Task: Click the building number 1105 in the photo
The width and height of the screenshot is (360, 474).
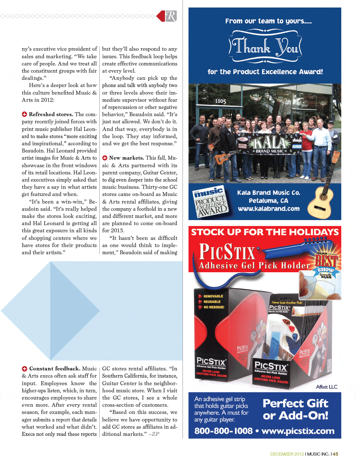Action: tap(220, 101)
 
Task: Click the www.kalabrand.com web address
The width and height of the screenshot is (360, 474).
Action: tap(269, 209)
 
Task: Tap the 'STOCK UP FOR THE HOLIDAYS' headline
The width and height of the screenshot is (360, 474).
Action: tap(265, 232)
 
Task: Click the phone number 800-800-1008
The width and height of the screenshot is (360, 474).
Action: tap(223, 431)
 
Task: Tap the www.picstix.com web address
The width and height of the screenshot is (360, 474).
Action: tap(298, 431)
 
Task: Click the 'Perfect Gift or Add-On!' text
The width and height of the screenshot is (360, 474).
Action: tap(295, 409)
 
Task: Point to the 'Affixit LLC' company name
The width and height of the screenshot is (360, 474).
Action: tap(327, 387)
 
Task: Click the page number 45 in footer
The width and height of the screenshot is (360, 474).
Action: tap(336, 454)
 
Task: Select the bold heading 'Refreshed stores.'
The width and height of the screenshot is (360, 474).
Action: tap(51, 114)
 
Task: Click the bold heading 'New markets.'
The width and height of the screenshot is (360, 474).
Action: tap(126, 158)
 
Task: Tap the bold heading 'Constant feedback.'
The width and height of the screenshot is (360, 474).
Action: tap(54, 369)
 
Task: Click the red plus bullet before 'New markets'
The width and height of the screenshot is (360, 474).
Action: tap(105, 158)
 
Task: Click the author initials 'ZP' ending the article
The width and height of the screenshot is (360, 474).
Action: tap(155, 434)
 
